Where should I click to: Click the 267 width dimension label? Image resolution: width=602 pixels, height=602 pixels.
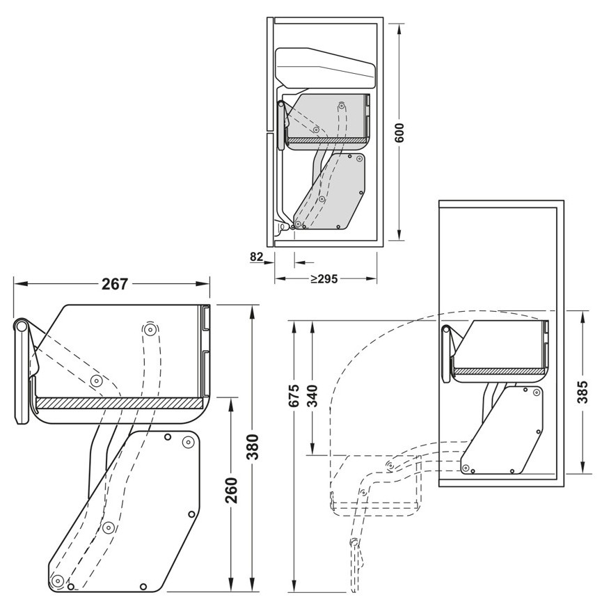click(x=114, y=284)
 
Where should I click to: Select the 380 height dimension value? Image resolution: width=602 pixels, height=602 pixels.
click(x=252, y=447)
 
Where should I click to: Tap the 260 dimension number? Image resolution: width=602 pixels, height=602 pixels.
click(x=231, y=490)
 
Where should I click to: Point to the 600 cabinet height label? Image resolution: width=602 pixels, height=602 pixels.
click(x=399, y=132)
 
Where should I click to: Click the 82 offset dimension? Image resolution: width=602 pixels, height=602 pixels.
click(x=257, y=256)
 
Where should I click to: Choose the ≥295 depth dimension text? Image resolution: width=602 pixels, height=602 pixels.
click(x=324, y=279)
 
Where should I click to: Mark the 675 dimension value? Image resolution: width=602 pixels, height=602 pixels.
click(x=294, y=395)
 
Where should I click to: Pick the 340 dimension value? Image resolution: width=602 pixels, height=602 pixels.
click(x=313, y=395)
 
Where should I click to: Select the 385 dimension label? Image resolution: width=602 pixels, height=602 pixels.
click(x=583, y=391)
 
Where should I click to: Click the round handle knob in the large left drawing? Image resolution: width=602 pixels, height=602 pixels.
click(x=21, y=327)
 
